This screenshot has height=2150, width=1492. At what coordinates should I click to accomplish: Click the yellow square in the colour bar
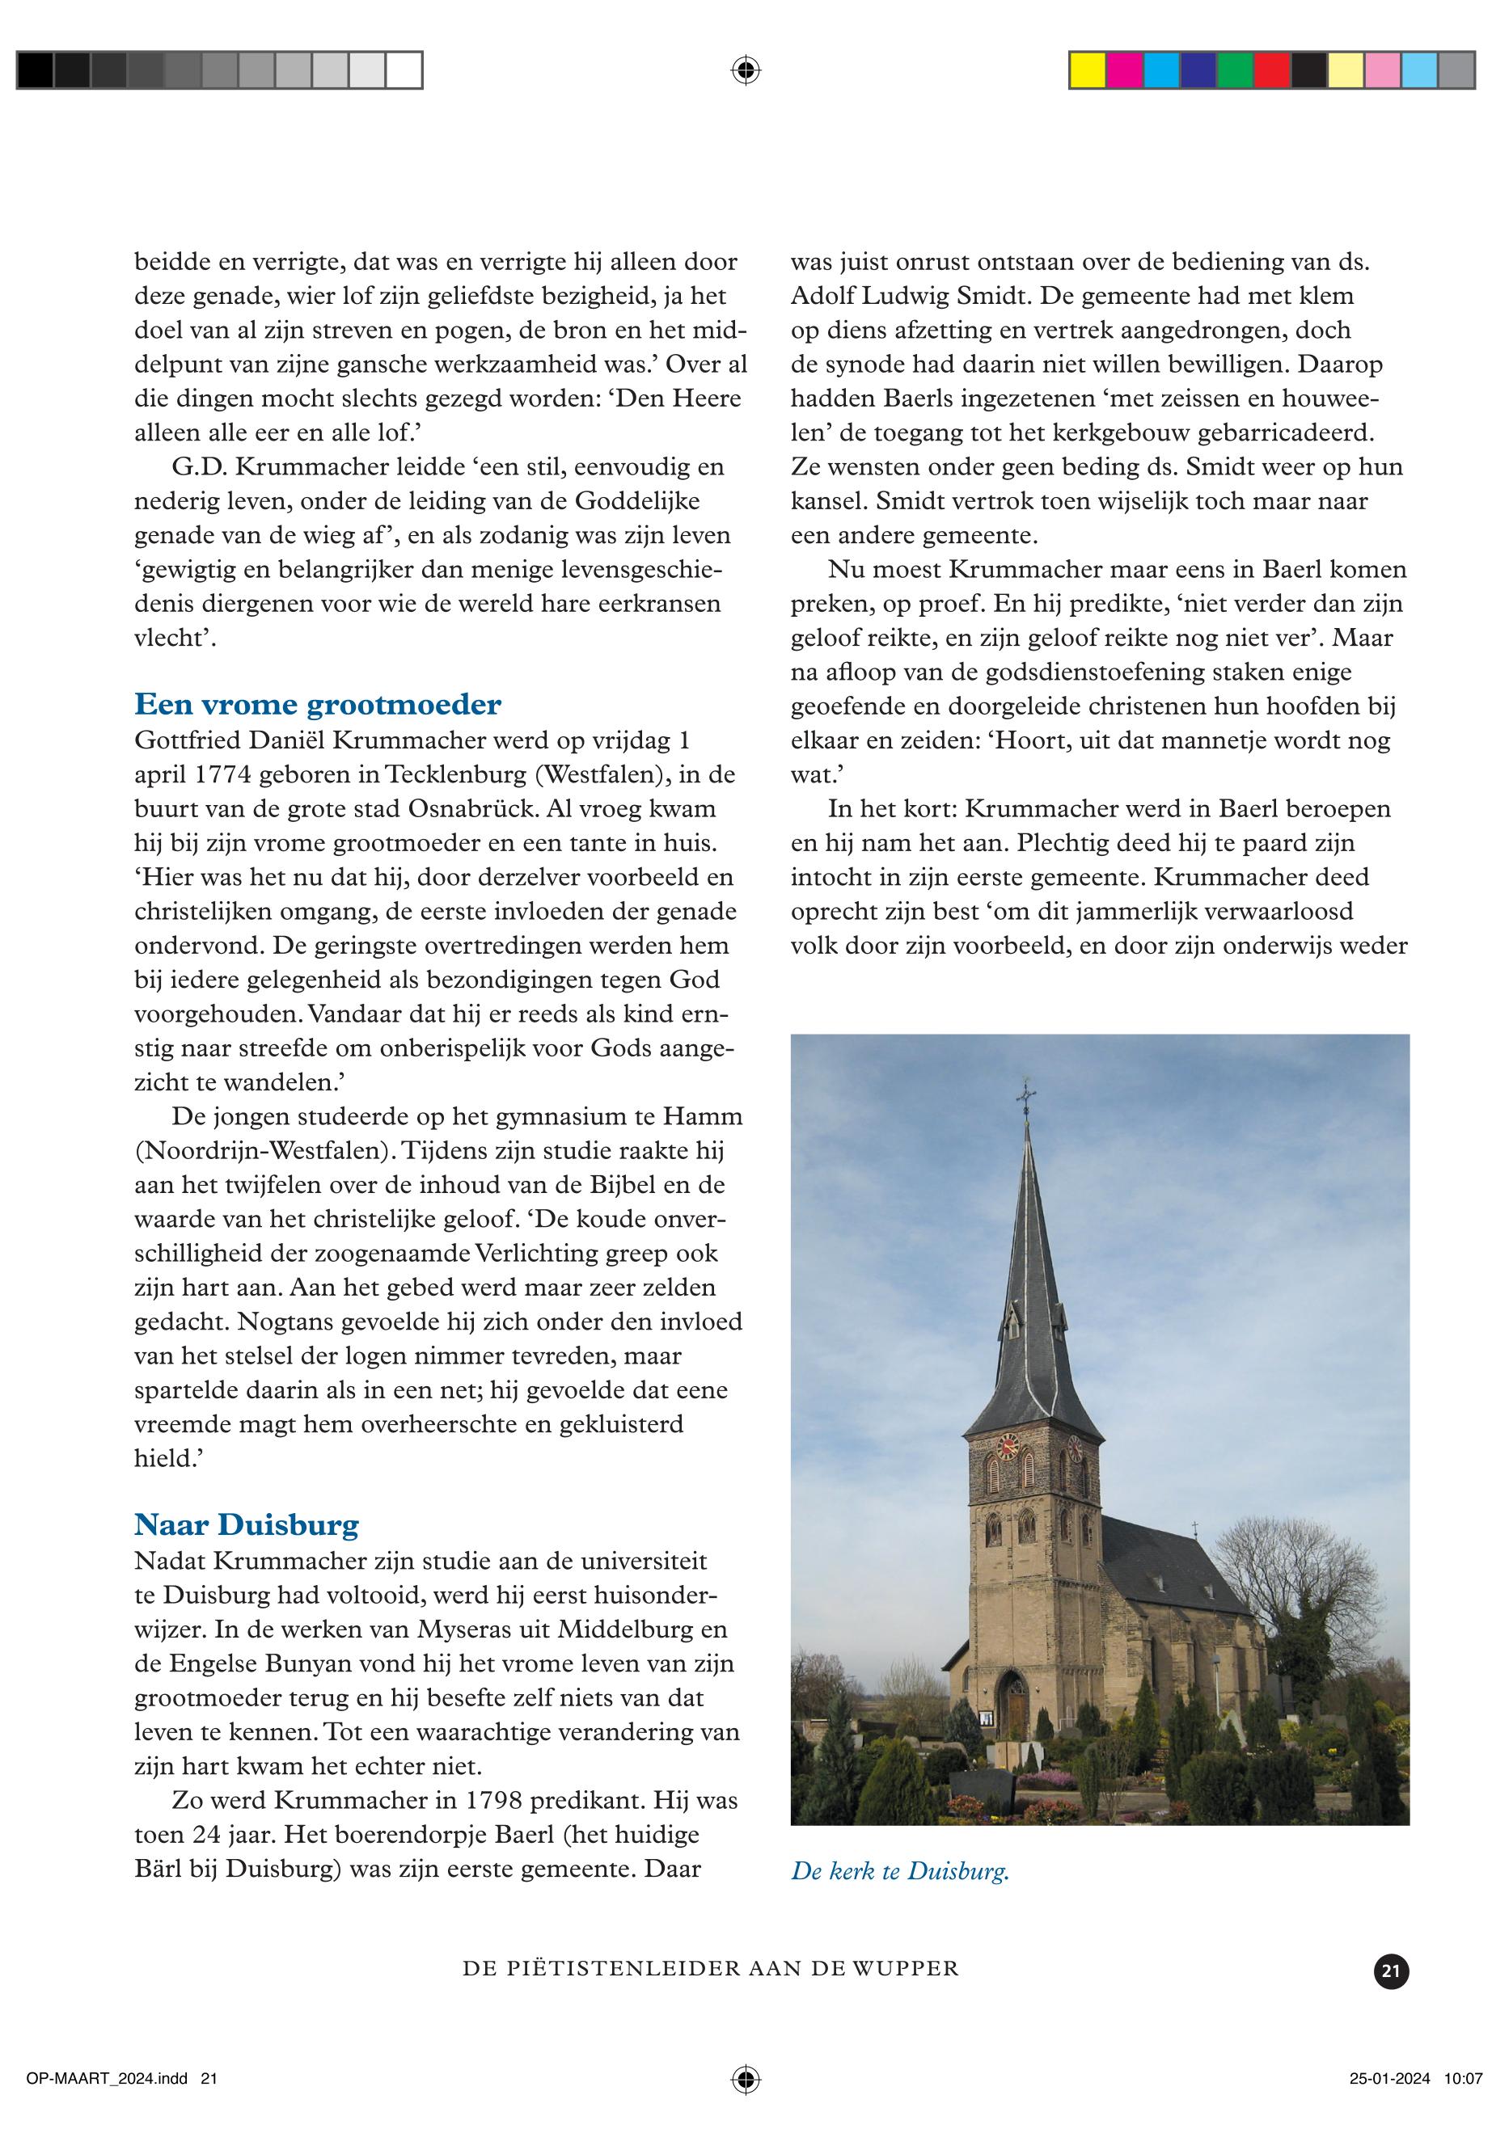coord(1087,71)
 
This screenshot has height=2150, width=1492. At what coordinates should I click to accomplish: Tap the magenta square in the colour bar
coord(1125,71)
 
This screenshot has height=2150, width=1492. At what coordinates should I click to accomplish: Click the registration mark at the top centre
coord(745,70)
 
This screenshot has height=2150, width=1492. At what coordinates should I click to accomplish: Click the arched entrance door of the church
coord(1012,1703)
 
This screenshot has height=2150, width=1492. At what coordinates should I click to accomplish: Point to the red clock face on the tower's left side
coord(1007,1448)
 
